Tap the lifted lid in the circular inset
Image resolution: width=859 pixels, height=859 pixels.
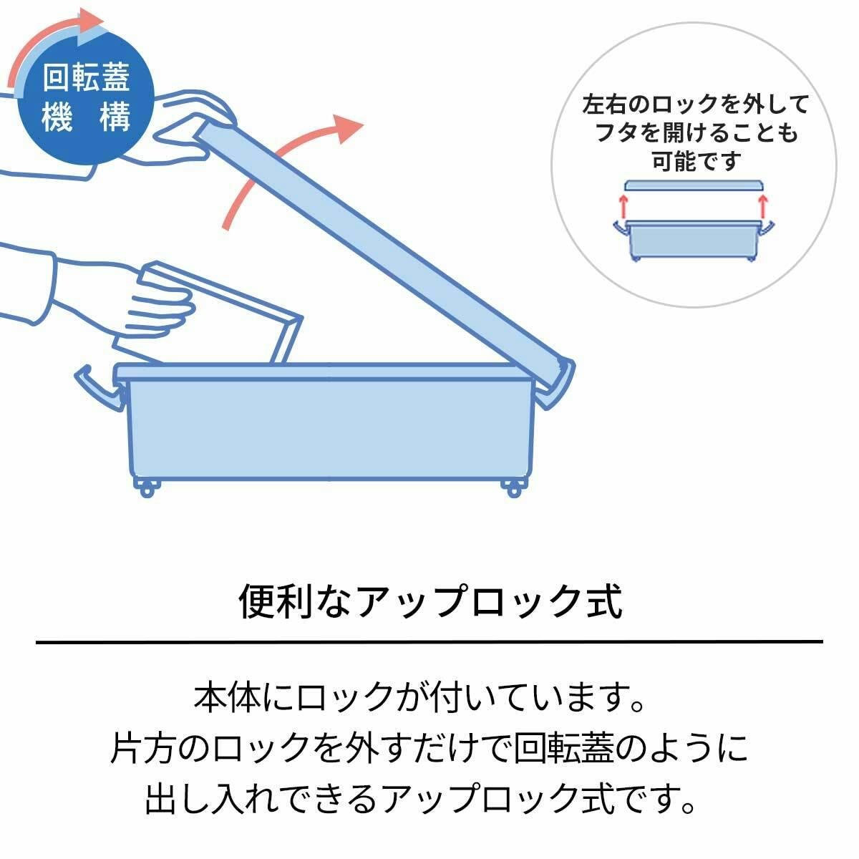coord(693,185)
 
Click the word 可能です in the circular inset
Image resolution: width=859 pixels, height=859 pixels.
coord(693,162)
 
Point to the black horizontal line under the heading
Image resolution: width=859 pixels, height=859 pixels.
coord(429,641)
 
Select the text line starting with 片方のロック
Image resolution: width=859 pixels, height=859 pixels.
coord(429,748)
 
